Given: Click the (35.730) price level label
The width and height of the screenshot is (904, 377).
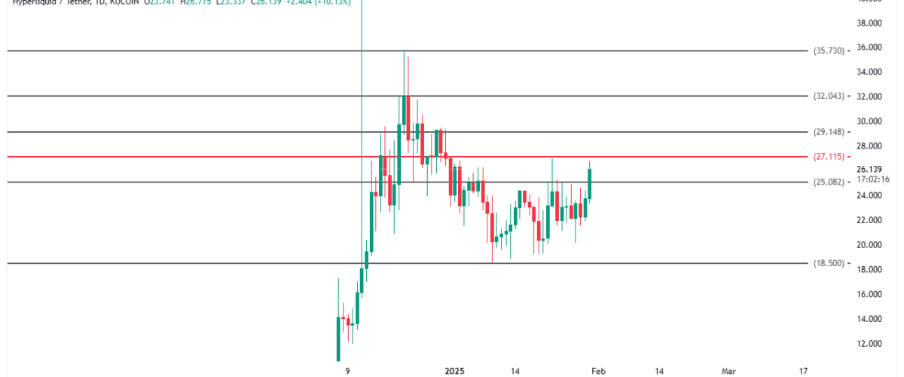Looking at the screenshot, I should click(829, 51).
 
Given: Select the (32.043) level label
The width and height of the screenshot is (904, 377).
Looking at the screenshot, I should click(829, 97).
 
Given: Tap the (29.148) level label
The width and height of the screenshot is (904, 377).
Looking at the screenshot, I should click(829, 132).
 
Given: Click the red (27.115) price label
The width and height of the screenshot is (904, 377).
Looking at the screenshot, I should click(829, 157).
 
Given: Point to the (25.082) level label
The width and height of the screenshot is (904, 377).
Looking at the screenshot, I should click(829, 182).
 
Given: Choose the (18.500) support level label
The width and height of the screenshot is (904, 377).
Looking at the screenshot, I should click(829, 263).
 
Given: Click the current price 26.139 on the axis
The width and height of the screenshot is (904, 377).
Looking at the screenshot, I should click(869, 169).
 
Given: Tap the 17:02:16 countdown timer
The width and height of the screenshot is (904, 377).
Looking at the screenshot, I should click(874, 179).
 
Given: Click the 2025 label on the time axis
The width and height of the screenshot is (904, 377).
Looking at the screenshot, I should click(456, 371).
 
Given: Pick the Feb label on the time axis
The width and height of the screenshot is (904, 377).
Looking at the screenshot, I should click(597, 371).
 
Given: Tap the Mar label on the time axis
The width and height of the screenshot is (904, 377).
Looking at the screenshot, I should click(728, 371).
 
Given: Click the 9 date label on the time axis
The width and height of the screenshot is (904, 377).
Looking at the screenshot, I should click(347, 371).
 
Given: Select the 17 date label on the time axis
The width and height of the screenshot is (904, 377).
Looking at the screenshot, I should click(803, 371).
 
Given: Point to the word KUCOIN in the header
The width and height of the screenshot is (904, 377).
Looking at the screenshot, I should click(111, 3).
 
